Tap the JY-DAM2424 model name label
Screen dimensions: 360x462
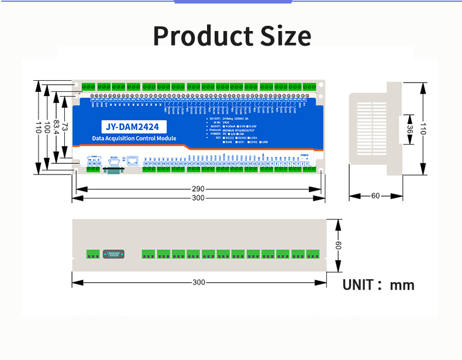point(134,126)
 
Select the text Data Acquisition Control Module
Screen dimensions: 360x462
point(134,139)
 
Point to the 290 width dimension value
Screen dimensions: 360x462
point(198,189)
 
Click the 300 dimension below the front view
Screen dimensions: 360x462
point(198,198)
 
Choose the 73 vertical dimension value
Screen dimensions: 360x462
point(66,127)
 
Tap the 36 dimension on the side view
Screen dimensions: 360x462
point(410,130)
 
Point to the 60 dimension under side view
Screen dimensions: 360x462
point(375,196)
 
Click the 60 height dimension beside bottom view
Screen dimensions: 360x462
point(337,245)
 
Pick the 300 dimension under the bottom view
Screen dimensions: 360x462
point(199,282)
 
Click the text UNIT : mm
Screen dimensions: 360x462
point(378,285)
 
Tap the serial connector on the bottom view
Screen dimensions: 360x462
point(113,254)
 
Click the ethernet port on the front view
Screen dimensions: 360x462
point(133,160)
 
